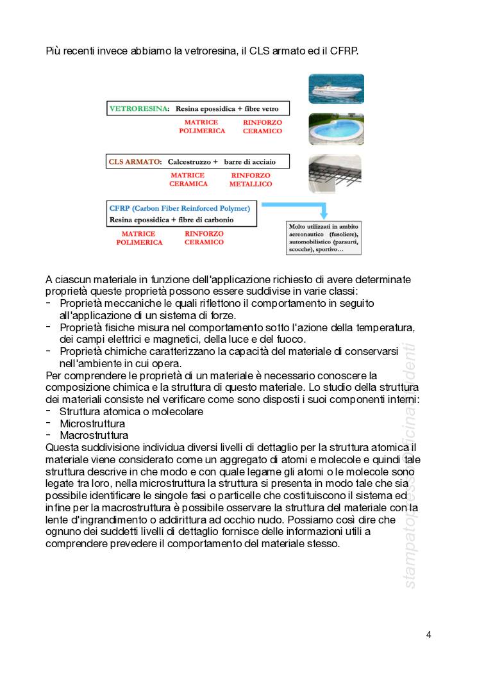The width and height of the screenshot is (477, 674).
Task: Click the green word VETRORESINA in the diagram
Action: [138, 109]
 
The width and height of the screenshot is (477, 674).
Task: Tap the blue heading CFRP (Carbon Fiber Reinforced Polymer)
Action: [180, 209]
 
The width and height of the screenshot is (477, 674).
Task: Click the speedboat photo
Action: [336, 88]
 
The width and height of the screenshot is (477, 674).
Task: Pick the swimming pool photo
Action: [336, 129]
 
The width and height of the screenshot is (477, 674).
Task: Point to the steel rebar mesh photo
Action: [336, 174]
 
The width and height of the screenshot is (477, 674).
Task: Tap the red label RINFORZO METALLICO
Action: [250, 179]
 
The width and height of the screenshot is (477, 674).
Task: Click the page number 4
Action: [428, 635]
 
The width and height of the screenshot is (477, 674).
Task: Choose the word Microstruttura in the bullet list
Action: [92, 423]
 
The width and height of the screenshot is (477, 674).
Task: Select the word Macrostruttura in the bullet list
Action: [94, 435]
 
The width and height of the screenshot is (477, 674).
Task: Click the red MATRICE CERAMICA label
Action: [188, 179]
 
